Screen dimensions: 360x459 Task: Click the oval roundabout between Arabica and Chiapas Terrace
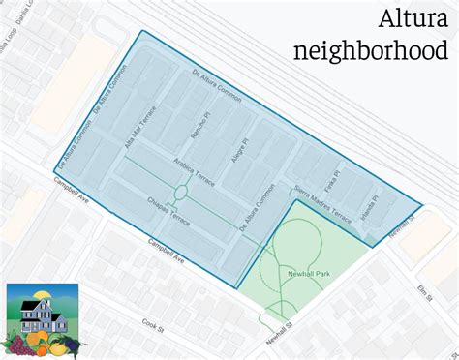coord(179,192)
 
